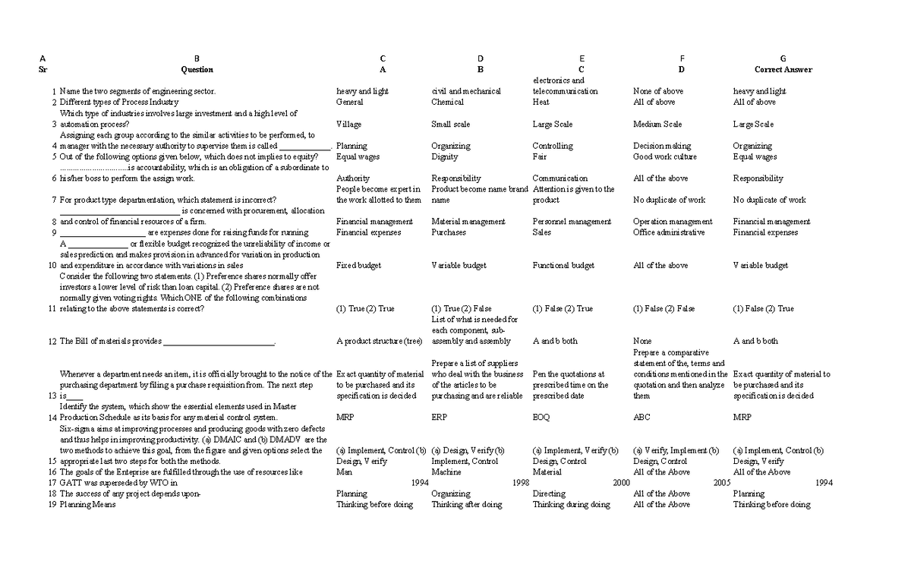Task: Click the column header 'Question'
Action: point(197,69)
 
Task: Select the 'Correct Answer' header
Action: point(783,69)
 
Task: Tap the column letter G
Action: point(783,58)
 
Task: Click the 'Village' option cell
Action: point(348,124)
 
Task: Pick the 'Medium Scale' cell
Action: point(657,124)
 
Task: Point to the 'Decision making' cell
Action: point(662,146)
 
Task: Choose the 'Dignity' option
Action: point(444,156)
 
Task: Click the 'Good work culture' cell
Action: point(664,156)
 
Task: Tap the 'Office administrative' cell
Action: point(668,232)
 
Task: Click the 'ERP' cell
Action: point(439,417)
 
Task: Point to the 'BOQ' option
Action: point(541,417)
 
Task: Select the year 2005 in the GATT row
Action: point(722,482)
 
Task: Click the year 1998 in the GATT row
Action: point(521,482)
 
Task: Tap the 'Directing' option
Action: point(549,494)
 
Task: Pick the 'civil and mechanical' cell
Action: point(465,91)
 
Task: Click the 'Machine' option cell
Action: point(446,471)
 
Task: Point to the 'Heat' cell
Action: point(541,102)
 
